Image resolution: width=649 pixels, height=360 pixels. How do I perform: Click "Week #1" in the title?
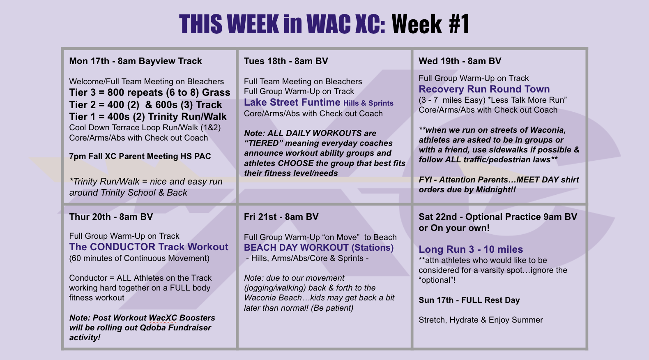[x=430, y=24]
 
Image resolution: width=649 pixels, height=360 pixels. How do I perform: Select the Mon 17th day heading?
[x=135, y=61]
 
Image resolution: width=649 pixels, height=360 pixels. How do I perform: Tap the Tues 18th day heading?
[x=286, y=61]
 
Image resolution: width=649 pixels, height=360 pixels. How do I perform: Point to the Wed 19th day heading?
[x=460, y=61]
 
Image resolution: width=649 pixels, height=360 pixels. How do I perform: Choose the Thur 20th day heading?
[x=111, y=217]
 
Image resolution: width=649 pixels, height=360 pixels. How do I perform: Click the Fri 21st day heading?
[x=281, y=217]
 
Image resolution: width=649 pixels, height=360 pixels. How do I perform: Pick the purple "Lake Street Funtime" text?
[x=292, y=102]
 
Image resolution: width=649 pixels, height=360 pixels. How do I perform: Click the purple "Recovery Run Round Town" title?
[x=484, y=89]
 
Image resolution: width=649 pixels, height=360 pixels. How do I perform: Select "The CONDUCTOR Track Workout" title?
[x=149, y=247]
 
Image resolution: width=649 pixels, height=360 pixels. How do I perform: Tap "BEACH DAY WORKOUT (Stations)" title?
[x=319, y=248]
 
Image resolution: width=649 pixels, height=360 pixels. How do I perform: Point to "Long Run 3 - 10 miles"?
[x=471, y=249]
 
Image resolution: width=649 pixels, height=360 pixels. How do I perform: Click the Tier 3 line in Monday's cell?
[x=150, y=92]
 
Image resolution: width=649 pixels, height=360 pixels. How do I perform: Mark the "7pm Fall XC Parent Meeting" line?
[x=140, y=156]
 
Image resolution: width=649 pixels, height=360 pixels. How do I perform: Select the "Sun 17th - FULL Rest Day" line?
[x=469, y=300]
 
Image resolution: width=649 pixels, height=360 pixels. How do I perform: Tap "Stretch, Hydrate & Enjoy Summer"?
[x=481, y=320]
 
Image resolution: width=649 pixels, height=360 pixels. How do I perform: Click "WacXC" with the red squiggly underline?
[x=163, y=318]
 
